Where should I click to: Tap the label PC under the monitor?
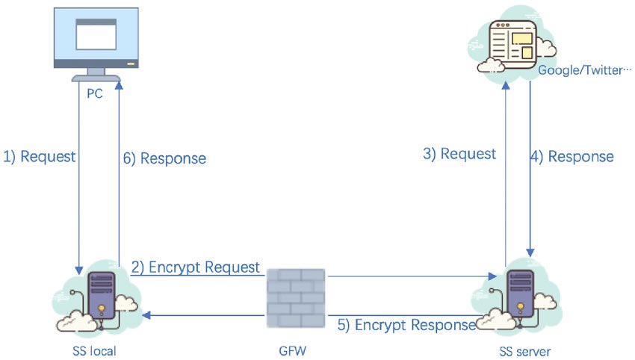coord(95,96)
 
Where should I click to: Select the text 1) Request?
coord(40,157)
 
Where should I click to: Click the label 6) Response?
coord(163,158)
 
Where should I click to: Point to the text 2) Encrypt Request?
coord(196,267)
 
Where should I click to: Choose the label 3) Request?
coord(459,154)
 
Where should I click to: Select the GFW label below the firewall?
coord(296,350)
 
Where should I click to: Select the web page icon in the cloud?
coord(512,43)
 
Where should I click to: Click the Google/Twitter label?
coord(580,72)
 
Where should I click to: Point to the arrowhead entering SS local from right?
coord(148,314)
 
